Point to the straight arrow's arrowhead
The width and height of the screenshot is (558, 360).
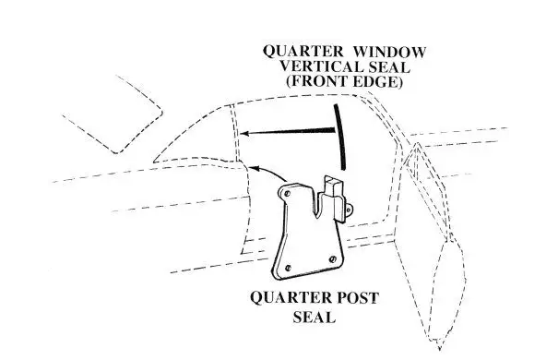click(242, 135)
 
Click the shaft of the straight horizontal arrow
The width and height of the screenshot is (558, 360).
click(286, 133)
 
